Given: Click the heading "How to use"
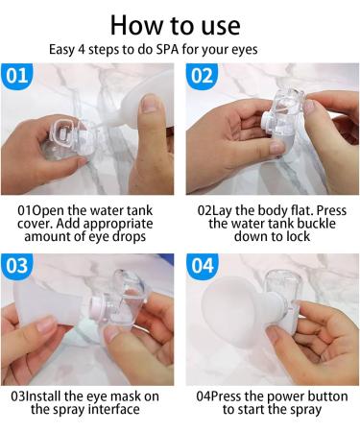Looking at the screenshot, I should pos(180,23).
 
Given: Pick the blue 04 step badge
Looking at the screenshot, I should pos(202,266).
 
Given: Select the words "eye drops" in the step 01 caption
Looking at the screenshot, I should pos(125,236).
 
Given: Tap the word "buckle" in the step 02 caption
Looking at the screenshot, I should pos(293,223).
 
